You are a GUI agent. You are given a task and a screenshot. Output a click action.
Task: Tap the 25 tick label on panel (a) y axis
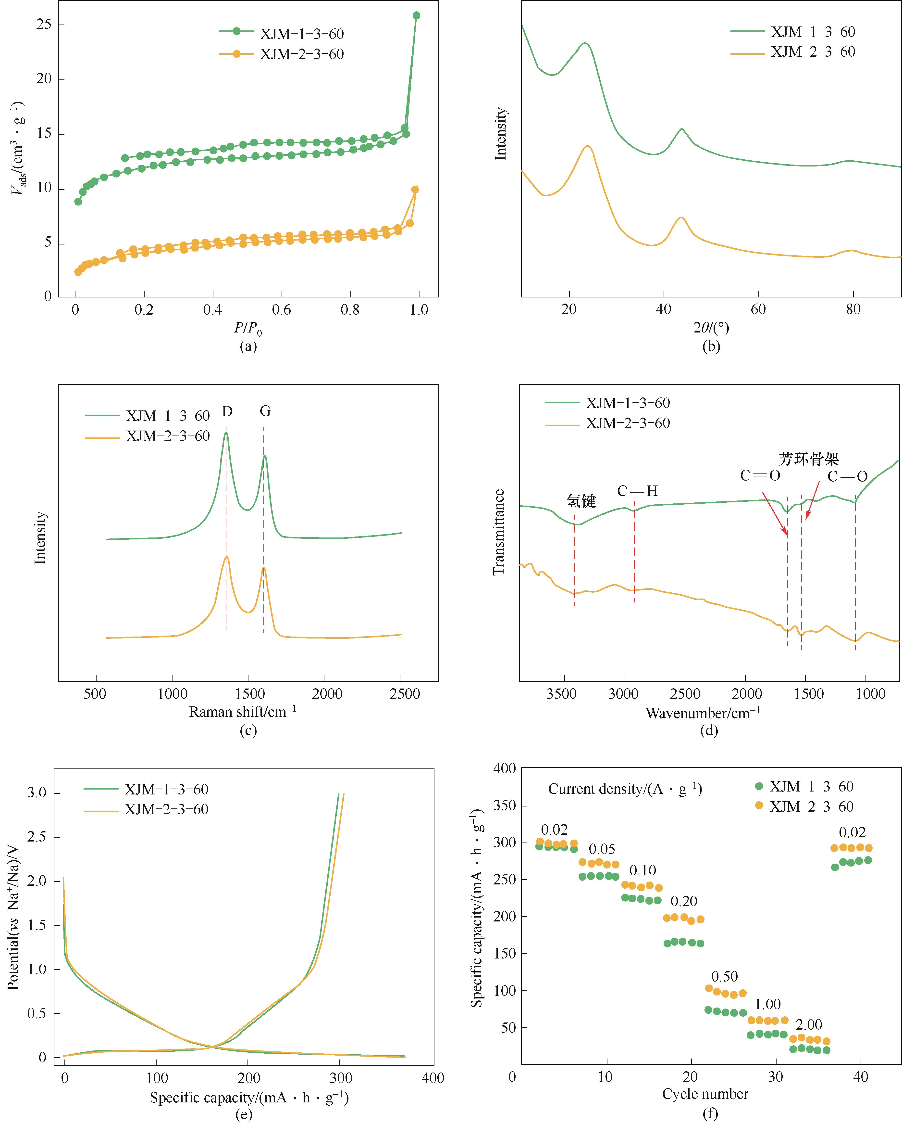coord(44,25)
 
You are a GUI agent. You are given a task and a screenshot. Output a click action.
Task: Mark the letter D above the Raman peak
coord(227,412)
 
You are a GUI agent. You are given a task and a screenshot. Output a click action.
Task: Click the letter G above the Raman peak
coord(265,412)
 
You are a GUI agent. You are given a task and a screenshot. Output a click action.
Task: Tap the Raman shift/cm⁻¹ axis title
coord(243,712)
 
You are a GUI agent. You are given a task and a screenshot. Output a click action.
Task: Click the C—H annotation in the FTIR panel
coord(637,491)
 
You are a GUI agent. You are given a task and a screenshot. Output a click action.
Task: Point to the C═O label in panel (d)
coord(760,475)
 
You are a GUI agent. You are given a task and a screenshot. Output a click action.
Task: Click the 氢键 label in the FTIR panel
coord(581,501)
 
